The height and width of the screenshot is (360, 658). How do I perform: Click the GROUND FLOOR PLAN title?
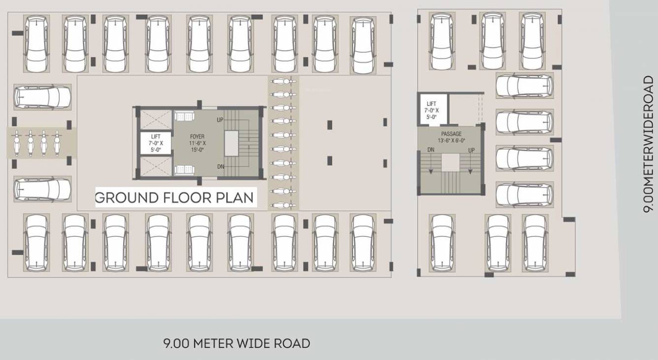click(175, 198)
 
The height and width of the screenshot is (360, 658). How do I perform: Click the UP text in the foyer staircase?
click(220, 120)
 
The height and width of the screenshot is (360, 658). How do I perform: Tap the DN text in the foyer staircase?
click(221, 166)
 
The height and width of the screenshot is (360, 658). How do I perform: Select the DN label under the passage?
click(431, 150)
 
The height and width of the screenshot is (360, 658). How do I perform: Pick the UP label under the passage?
click(471, 150)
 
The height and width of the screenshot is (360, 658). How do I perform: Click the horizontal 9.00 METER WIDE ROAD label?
click(236, 343)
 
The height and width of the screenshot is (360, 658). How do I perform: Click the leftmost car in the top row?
click(37, 43)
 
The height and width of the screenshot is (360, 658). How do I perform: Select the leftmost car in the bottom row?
click(37, 242)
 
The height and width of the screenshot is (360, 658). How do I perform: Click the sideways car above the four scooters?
click(42, 97)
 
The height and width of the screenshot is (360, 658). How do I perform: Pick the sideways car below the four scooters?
click(42, 189)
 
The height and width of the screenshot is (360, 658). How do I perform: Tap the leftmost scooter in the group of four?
click(18, 143)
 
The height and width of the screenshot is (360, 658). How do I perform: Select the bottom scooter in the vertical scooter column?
click(283, 204)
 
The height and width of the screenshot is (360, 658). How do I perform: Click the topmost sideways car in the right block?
click(524, 85)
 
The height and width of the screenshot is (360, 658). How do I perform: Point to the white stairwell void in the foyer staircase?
click(231, 143)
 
